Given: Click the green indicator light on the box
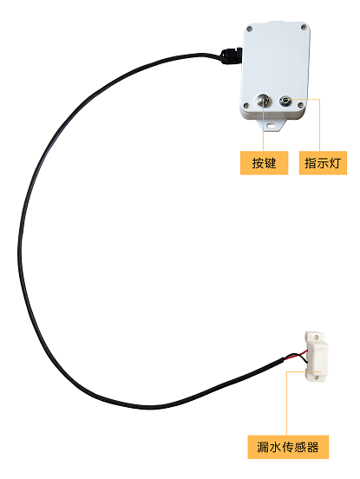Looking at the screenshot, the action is pos(285,101).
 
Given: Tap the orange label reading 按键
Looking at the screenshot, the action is pos(264,163).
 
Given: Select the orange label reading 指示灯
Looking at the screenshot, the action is pos(323,163).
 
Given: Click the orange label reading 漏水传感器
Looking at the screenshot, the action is pos(288,447).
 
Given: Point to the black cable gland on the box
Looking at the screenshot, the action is pos(230,56).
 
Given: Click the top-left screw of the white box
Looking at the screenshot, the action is pos(250,29).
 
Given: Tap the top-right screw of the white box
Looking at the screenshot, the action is pos(304,27).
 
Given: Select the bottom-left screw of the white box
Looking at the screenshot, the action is pos(245,106).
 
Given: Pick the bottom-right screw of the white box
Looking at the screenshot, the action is pos(300,105).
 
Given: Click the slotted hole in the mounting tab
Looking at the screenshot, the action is pos(271,125).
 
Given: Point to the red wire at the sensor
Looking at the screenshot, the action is pos(296,355).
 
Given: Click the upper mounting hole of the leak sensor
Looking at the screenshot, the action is pos(316,337).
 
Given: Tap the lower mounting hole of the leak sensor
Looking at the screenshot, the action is pos(316,377).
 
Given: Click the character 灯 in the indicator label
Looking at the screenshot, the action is pos(335,163).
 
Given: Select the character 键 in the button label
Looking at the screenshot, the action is pos(270,163).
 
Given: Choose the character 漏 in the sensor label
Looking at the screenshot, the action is pos(263,447).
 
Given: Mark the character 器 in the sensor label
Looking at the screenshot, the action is pos(313,447).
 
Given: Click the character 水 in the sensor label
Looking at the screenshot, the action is pos(275,447).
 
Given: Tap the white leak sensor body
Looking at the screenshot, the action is pos(316,358).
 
